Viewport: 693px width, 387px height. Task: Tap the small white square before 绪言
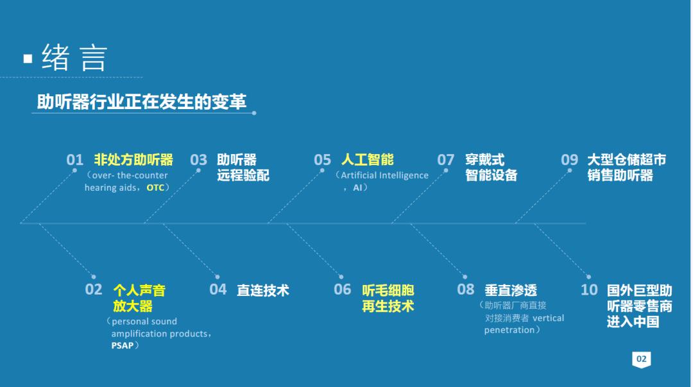click(x=28, y=58)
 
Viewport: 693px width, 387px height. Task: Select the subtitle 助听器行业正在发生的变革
click(x=141, y=102)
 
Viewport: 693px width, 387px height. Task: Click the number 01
click(x=75, y=160)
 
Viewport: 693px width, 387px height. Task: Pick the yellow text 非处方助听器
click(x=133, y=160)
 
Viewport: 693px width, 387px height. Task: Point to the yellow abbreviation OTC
click(x=155, y=188)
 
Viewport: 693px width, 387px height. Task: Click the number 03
click(x=199, y=160)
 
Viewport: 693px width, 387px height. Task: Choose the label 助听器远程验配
click(x=243, y=168)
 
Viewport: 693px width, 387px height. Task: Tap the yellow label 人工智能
click(x=367, y=160)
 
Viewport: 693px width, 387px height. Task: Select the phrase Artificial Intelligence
click(x=384, y=175)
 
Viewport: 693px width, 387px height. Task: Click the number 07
click(x=446, y=160)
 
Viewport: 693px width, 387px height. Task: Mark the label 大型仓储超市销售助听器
click(x=626, y=168)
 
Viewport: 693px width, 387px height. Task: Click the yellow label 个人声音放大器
click(x=139, y=298)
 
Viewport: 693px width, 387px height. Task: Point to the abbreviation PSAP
click(x=123, y=345)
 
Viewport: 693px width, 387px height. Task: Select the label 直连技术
click(x=263, y=291)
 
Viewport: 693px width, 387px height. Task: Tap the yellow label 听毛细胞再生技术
click(x=388, y=298)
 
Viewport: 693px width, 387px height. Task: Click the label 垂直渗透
click(x=511, y=291)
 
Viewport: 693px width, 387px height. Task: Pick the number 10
click(x=589, y=290)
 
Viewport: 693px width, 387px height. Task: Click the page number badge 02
click(x=642, y=359)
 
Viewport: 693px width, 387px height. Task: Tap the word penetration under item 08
click(x=509, y=330)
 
